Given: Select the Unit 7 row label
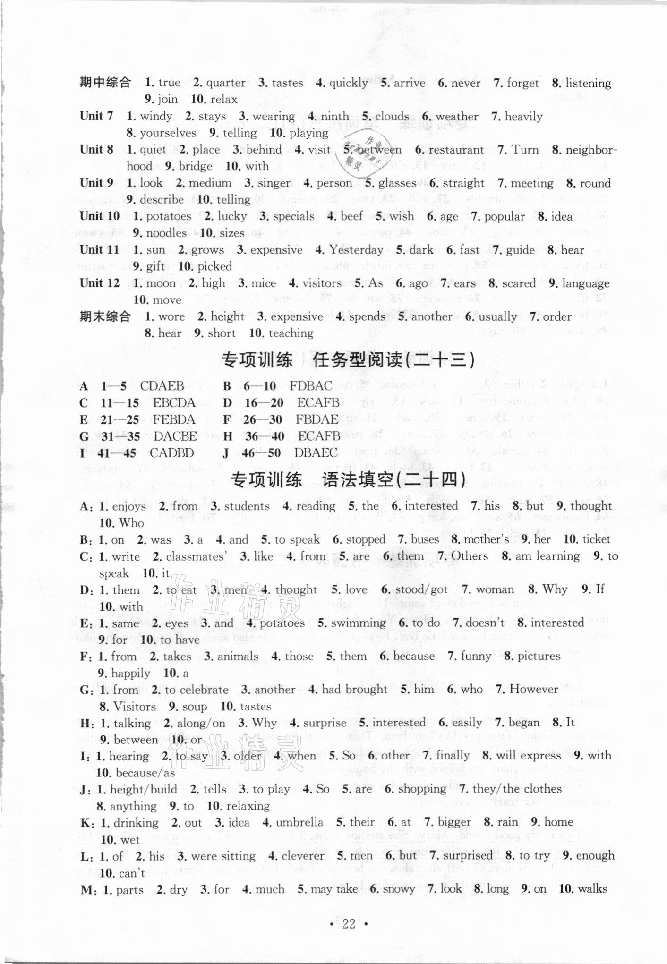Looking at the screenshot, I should pyautogui.click(x=96, y=116).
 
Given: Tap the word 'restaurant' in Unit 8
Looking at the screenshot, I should pyautogui.click(x=456, y=150).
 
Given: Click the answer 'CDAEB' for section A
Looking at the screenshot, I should pyautogui.click(x=162, y=386).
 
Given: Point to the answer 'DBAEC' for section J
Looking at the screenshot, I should pyautogui.click(x=316, y=452).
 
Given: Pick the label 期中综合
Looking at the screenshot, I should pyautogui.click(x=105, y=83).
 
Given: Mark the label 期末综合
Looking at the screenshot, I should pyautogui.click(x=105, y=316).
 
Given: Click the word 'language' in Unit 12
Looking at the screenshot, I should pyautogui.click(x=586, y=283).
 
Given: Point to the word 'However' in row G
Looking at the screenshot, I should pyautogui.click(x=534, y=689).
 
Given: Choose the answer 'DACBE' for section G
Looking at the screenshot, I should pyautogui.click(x=175, y=436).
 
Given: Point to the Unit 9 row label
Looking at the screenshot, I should pyautogui.click(x=96, y=183).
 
